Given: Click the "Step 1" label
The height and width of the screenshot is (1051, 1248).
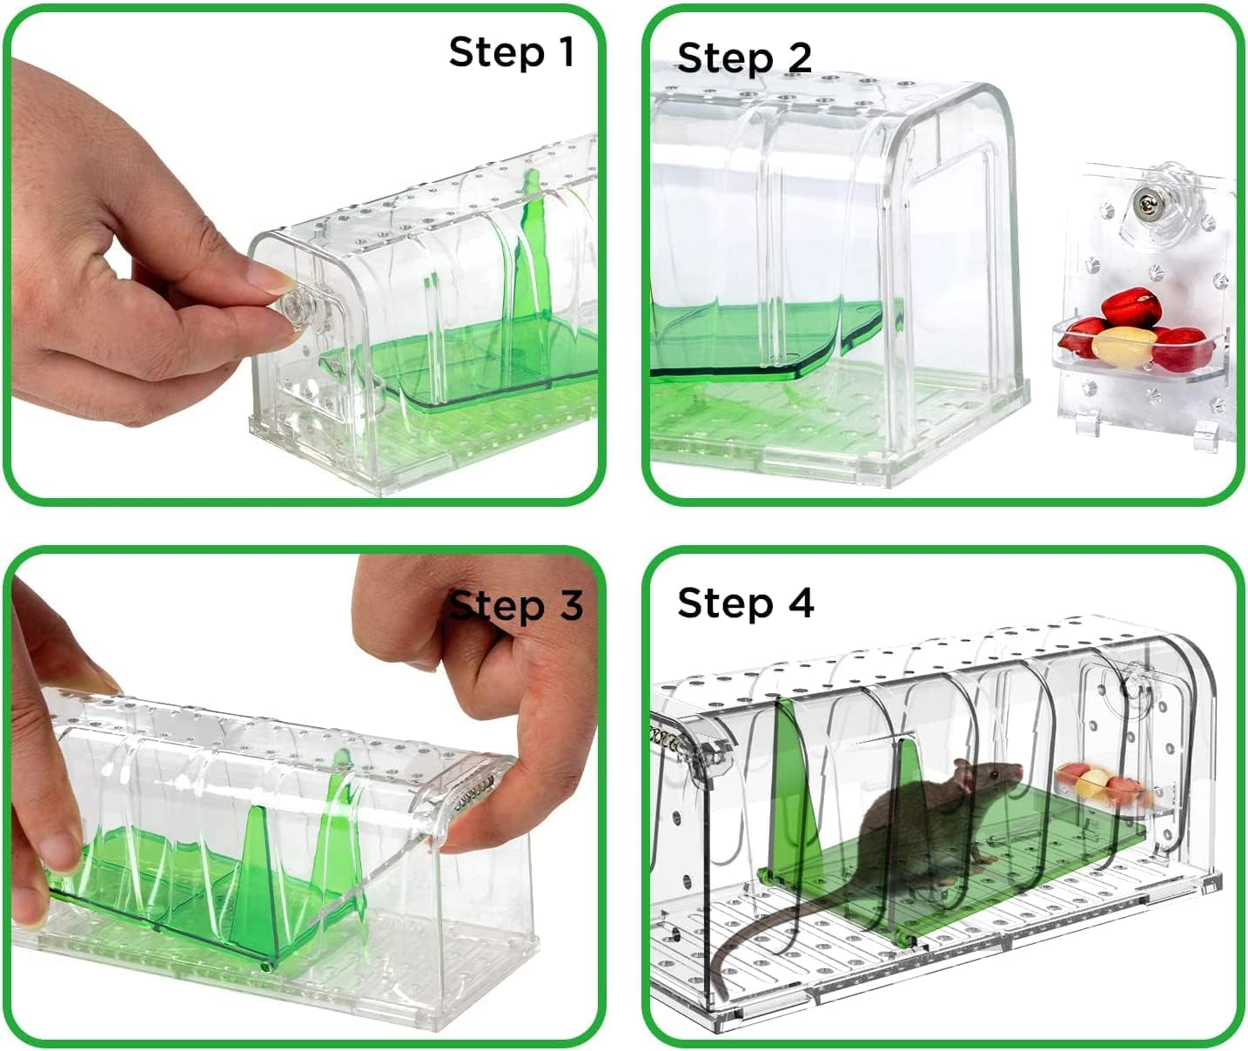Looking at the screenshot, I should [x=511, y=52].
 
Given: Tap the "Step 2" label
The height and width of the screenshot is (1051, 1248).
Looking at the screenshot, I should [x=744, y=58].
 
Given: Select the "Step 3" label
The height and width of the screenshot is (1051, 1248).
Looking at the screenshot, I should [x=517, y=604].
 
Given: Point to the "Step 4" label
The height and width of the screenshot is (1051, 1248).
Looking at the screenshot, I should [x=745, y=603].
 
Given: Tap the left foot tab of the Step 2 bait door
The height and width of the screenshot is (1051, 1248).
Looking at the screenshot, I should [x=1081, y=424].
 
